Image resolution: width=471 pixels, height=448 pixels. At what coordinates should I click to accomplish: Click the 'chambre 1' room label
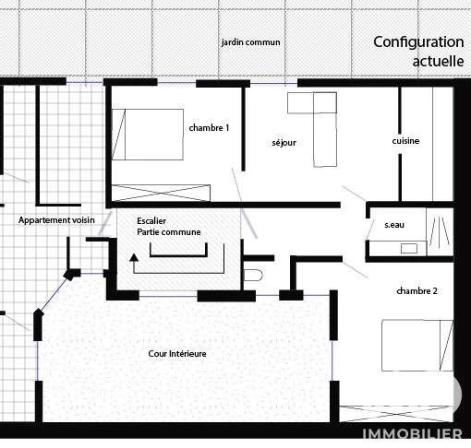[209, 128]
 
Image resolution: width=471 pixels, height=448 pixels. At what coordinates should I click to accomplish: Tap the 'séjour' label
[284, 143]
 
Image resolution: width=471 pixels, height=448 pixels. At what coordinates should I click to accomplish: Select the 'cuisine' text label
[405, 141]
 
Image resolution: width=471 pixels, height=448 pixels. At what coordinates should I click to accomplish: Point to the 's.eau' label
[394, 225]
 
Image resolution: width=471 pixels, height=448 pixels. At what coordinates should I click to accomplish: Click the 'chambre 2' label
[417, 290]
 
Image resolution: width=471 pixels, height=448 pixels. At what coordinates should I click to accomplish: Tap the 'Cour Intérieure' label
[177, 353]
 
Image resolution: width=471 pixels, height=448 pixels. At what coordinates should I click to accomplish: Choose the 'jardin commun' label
[250, 42]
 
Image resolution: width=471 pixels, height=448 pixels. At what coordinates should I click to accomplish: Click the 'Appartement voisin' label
[56, 220]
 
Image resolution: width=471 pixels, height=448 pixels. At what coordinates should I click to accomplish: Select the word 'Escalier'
[151, 220]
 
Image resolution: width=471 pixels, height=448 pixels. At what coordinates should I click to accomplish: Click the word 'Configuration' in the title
[418, 42]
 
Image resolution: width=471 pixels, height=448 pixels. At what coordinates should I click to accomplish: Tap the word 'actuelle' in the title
[438, 61]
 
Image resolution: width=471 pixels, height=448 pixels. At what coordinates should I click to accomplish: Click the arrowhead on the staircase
[134, 257]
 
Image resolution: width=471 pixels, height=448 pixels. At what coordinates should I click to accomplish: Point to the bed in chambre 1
[148, 135]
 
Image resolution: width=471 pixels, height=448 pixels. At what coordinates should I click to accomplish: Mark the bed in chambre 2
[417, 345]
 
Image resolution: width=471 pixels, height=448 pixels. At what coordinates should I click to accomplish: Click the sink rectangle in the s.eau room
[409, 248]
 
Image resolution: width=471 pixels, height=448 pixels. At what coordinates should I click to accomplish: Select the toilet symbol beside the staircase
[253, 276]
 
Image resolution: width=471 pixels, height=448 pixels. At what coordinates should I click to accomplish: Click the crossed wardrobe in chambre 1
[161, 193]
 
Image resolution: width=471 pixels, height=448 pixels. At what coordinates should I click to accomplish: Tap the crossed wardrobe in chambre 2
[396, 414]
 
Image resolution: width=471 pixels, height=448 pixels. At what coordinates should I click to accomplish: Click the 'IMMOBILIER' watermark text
[412, 433]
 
